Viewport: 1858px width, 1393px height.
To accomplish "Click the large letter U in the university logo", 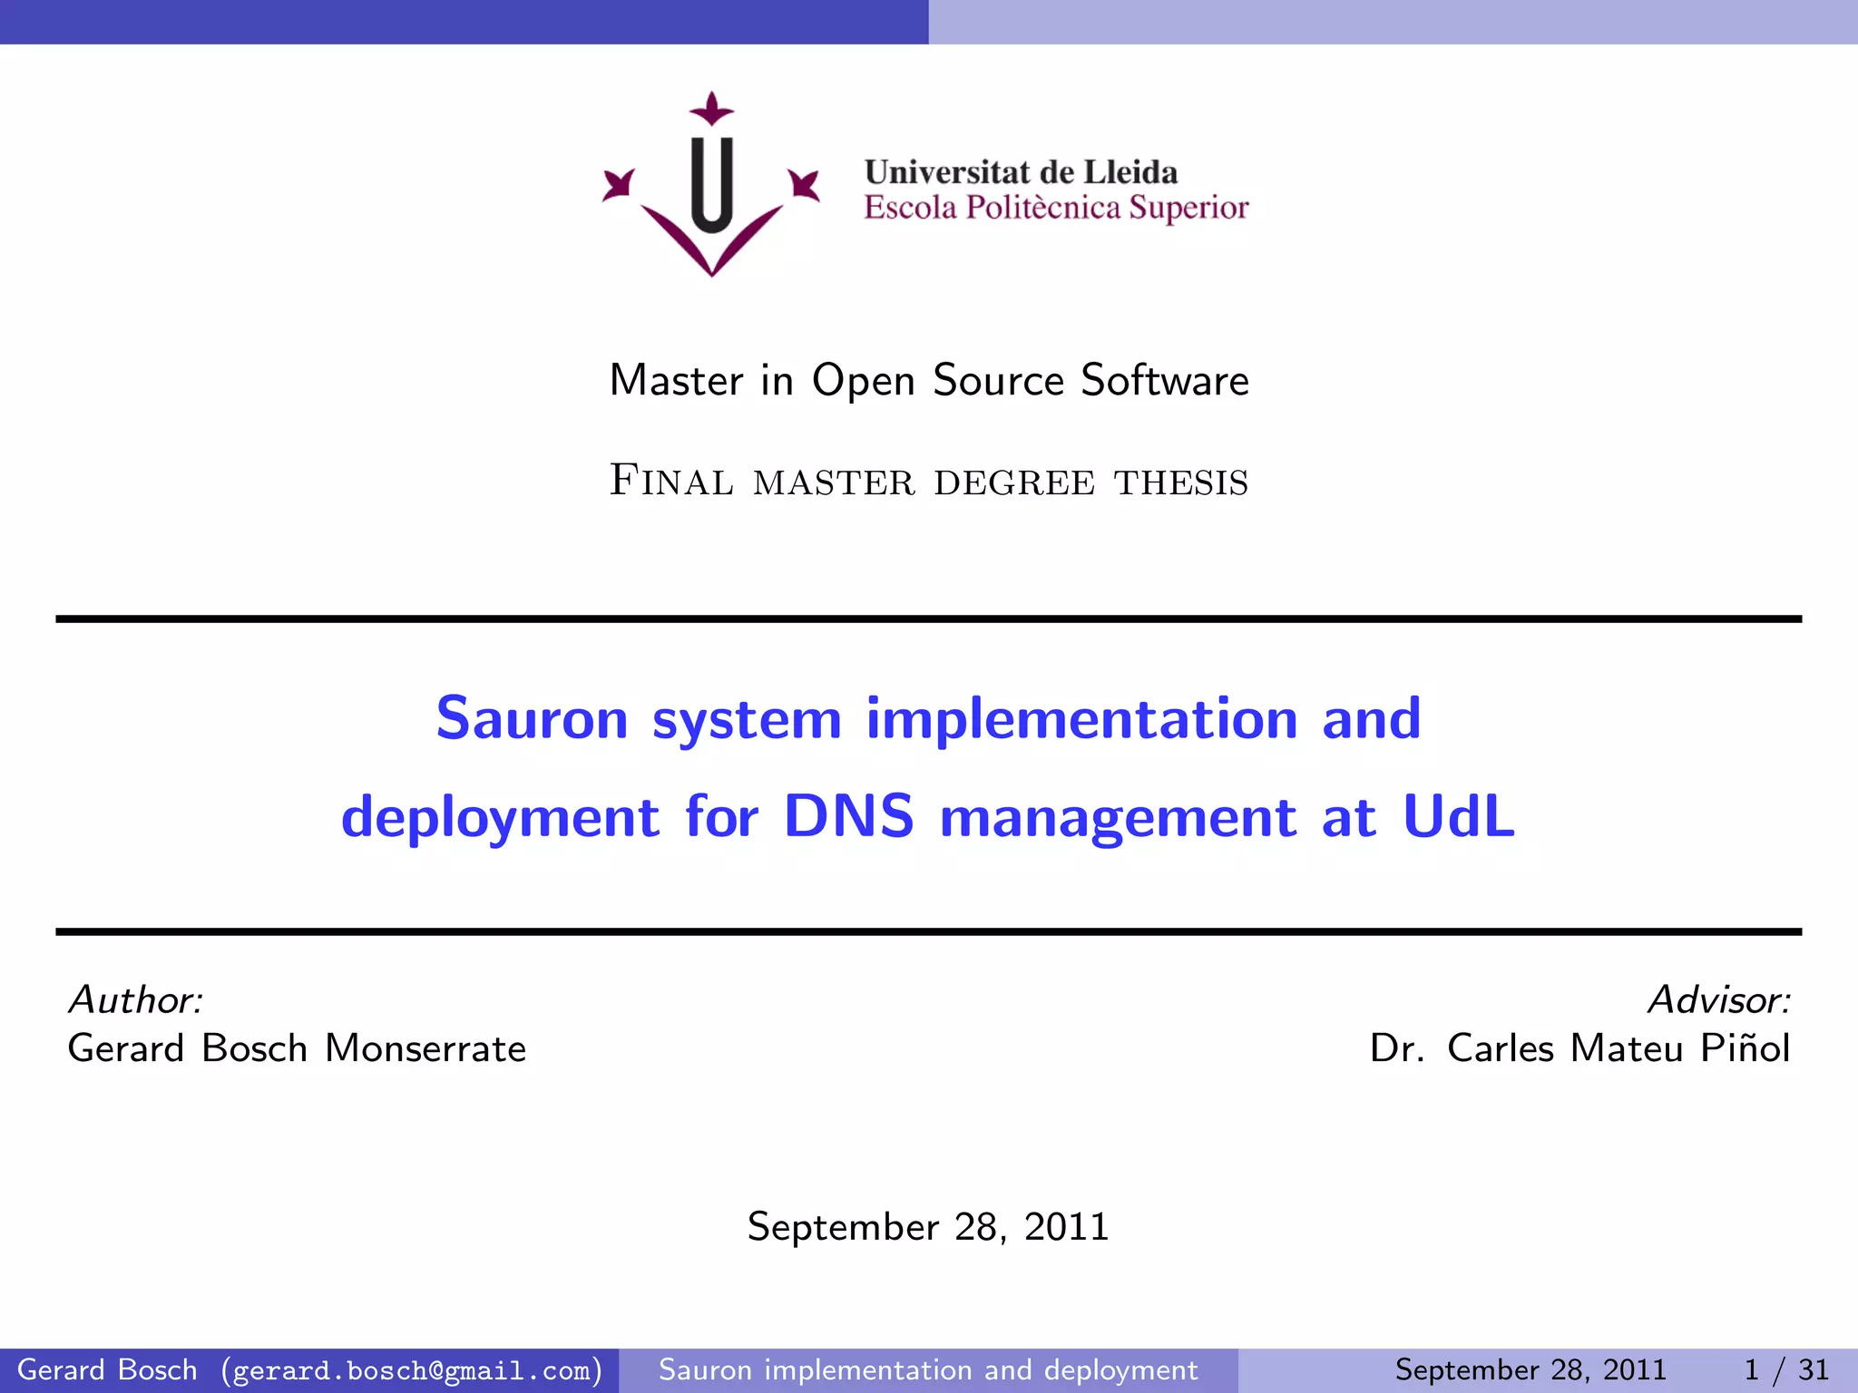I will (x=712, y=186).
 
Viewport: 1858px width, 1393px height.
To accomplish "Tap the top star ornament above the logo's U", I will (x=712, y=110).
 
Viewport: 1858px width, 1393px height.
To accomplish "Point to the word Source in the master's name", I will (x=998, y=380).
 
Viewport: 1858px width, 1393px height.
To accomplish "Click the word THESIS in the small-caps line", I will (x=1181, y=482).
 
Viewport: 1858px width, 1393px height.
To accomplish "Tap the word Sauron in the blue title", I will (x=532, y=718).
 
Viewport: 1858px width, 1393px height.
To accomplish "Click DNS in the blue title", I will (x=848, y=815).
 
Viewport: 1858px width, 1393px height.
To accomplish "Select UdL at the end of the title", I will (x=1459, y=815).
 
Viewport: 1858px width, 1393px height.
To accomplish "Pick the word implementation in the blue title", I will (x=1081, y=718).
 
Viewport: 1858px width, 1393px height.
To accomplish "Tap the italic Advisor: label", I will (x=1719, y=999).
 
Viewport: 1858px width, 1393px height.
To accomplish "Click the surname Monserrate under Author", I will (x=425, y=1048).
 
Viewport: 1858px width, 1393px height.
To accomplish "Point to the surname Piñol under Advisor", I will (x=1745, y=1048).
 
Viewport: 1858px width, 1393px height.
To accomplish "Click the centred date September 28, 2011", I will (x=928, y=1227).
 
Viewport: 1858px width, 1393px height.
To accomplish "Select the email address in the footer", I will (x=412, y=1370).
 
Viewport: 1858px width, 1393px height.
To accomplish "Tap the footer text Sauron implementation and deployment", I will (x=928, y=1369).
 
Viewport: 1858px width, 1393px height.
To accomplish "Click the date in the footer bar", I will (x=1530, y=1369).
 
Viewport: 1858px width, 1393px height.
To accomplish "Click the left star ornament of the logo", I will (x=620, y=184).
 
